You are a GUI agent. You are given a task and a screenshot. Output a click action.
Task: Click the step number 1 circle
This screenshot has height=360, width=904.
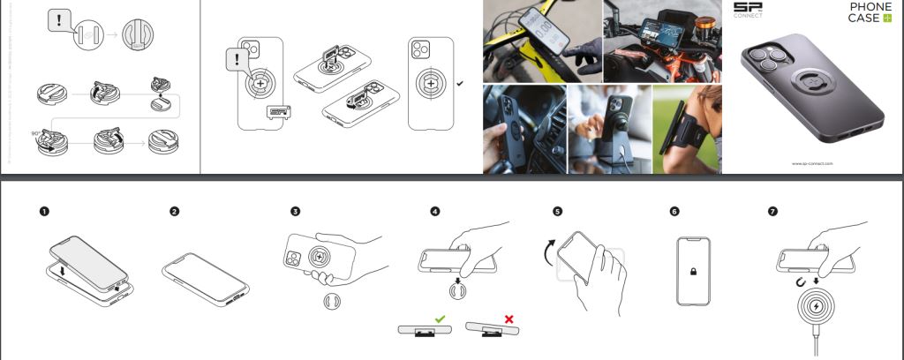(x=44, y=212)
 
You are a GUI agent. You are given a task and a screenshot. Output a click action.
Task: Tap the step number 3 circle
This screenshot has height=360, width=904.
(x=296, y=212)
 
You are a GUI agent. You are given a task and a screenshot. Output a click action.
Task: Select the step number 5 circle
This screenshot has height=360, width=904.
(x=557, y=212)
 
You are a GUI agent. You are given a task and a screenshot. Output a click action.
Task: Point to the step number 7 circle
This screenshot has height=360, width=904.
(x=775, y=212)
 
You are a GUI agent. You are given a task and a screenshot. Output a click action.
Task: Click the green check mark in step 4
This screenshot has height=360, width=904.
(x=439, y=318)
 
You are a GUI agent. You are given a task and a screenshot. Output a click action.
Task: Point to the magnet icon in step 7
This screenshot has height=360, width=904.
(x=799, y=282)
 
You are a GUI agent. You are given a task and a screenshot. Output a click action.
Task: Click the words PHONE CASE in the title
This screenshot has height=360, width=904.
(x=870, y=12)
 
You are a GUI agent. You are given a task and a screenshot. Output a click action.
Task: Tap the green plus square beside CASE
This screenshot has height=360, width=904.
(x=886, y=19)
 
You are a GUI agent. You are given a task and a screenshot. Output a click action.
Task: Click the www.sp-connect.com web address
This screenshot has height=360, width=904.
(x=812, y=164)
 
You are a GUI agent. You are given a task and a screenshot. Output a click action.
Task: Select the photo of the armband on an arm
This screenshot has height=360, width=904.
(x=686, y=129)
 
